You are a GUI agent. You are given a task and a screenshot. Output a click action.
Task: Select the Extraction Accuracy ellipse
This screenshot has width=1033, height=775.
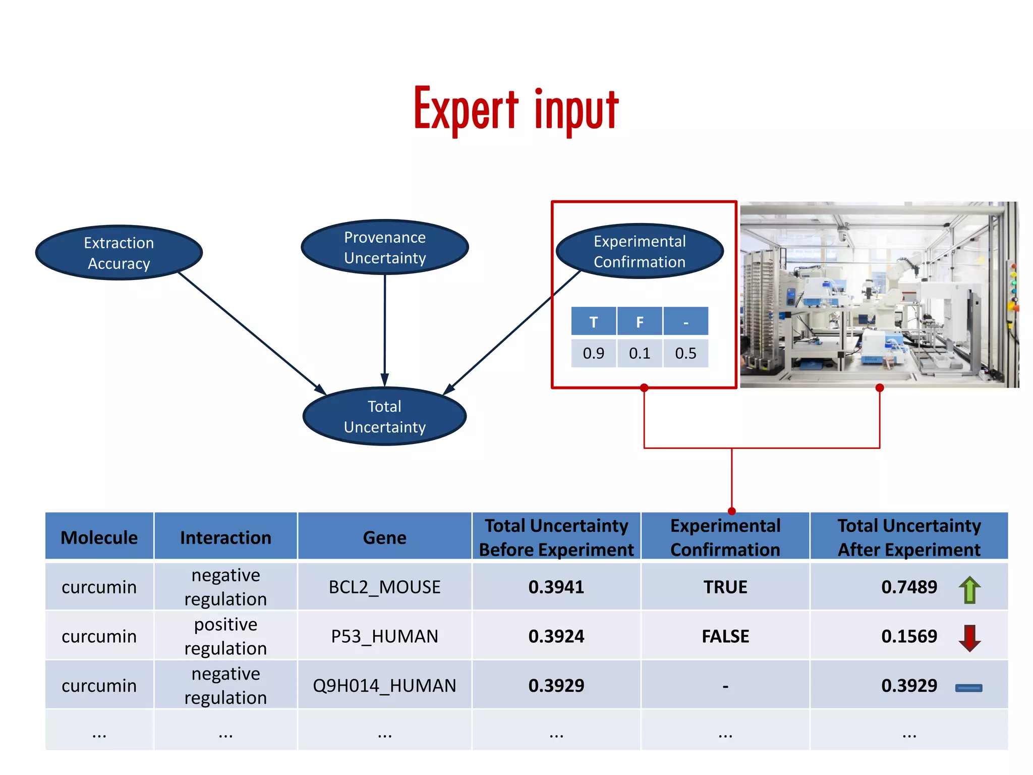click(x=119, y=253)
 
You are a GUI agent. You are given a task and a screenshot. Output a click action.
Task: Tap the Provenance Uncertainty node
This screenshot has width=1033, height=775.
click(x=385, y=247)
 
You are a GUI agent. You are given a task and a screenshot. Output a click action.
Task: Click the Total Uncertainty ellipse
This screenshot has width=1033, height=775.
click(x=385, y=416)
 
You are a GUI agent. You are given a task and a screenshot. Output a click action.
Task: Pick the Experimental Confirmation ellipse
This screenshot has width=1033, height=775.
click(x=640, y=251)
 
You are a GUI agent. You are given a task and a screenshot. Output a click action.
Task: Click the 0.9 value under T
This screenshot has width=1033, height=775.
click(x=593, y=353)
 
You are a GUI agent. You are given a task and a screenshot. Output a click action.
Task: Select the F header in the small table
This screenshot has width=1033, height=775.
click(x=640, y=321)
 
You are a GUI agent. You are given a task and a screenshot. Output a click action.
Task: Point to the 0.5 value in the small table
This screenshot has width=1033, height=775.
click(x=685, y=353)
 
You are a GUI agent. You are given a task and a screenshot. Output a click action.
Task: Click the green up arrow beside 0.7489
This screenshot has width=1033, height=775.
click(x=969, y=589)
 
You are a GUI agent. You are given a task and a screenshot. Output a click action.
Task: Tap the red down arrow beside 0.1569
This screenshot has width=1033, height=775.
click(x=969, y=638)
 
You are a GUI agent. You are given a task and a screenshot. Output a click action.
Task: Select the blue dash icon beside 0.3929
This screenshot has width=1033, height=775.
click(x=968, y=688)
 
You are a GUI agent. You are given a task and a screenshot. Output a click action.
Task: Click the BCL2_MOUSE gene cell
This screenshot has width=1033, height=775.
click(x=384, y=587)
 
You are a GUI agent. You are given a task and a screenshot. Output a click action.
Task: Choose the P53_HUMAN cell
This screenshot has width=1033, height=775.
click(x=384, y=636)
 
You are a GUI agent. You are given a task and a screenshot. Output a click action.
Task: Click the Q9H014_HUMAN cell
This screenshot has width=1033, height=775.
click(x=384, y=686)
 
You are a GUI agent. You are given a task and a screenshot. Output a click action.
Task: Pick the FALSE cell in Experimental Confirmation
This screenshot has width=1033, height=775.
click(x=725, y=636)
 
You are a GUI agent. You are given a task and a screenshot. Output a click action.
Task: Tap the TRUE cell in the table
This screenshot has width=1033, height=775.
click(x=725, y=587)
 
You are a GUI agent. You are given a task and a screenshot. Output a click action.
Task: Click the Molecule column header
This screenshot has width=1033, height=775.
click(x=99, y=537)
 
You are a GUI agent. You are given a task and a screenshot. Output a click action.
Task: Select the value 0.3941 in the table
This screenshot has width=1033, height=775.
click(x=556, y=587)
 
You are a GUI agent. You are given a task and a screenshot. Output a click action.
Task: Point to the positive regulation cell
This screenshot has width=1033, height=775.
click(x=225, y=636)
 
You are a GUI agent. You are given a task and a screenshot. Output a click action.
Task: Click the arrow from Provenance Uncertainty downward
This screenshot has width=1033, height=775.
click(x=385, y=328)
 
